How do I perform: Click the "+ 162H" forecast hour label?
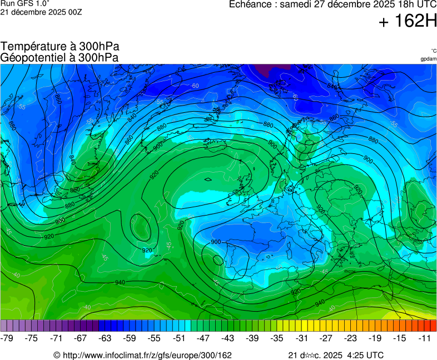408,22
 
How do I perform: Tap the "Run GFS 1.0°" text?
26,3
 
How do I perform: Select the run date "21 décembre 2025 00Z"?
41,12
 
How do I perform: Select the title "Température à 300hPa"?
60,47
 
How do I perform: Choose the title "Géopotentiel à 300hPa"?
59,57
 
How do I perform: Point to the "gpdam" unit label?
428,59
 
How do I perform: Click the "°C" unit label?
433,51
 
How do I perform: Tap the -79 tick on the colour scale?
7,338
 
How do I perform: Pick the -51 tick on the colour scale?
179,338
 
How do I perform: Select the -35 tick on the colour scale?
277,338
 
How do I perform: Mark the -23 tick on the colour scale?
351,338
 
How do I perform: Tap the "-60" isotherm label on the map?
195,86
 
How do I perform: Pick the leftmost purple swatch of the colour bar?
4,326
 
